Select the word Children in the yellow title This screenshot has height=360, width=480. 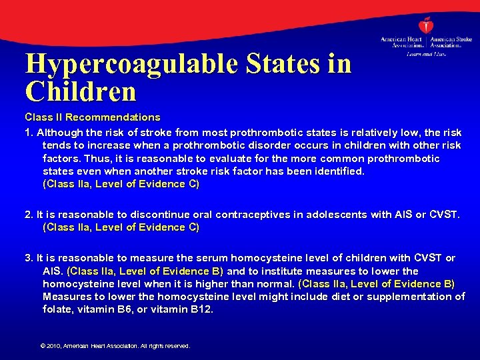(80, 91)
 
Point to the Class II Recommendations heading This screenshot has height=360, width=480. (93, 117)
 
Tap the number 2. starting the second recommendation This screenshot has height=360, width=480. (29, 215)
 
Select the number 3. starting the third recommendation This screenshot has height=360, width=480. (29, 258)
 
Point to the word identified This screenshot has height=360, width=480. (339, 171)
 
